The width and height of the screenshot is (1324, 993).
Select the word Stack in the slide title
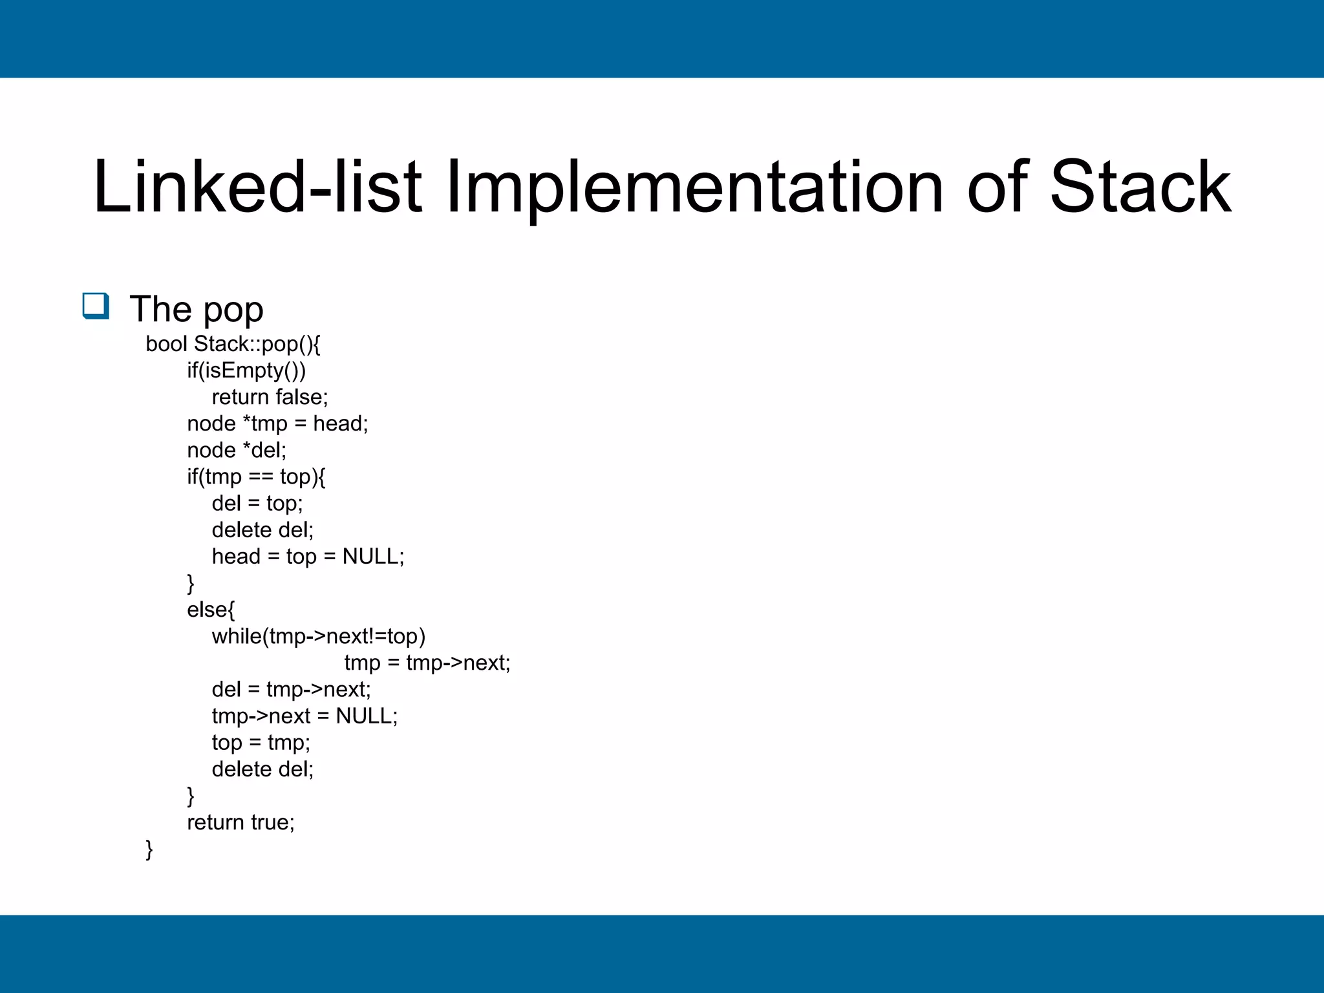tap(1140, 187)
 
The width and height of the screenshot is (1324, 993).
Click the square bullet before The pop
tap(96, 306)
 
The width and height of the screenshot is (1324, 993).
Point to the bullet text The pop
tap(197, 309)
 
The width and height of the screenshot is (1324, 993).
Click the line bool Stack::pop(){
tap(233, 344)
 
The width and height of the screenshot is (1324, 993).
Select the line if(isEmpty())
tap(246, 370)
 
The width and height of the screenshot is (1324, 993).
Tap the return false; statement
tap(270, 397)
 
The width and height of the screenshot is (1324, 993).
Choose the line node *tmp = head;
tap(277, 423)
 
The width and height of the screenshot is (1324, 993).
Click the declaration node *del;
tap(237, 450)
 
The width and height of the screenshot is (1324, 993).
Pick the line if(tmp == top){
tap(256, 476)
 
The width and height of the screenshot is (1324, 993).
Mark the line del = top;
tap(257, 503)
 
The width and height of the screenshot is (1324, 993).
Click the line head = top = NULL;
tap(308, 556)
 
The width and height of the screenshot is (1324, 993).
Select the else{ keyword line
tap(211, 610)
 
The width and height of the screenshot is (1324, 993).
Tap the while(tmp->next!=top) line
tap(319, 636)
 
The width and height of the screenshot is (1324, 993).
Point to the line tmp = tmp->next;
tap(427, 663)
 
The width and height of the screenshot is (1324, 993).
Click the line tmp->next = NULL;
tap(304, 716)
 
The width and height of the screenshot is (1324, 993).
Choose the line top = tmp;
tap(261, 742)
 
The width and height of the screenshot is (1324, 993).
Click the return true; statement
tap(240, 822)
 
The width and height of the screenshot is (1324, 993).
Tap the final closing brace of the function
tap(149, 849)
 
